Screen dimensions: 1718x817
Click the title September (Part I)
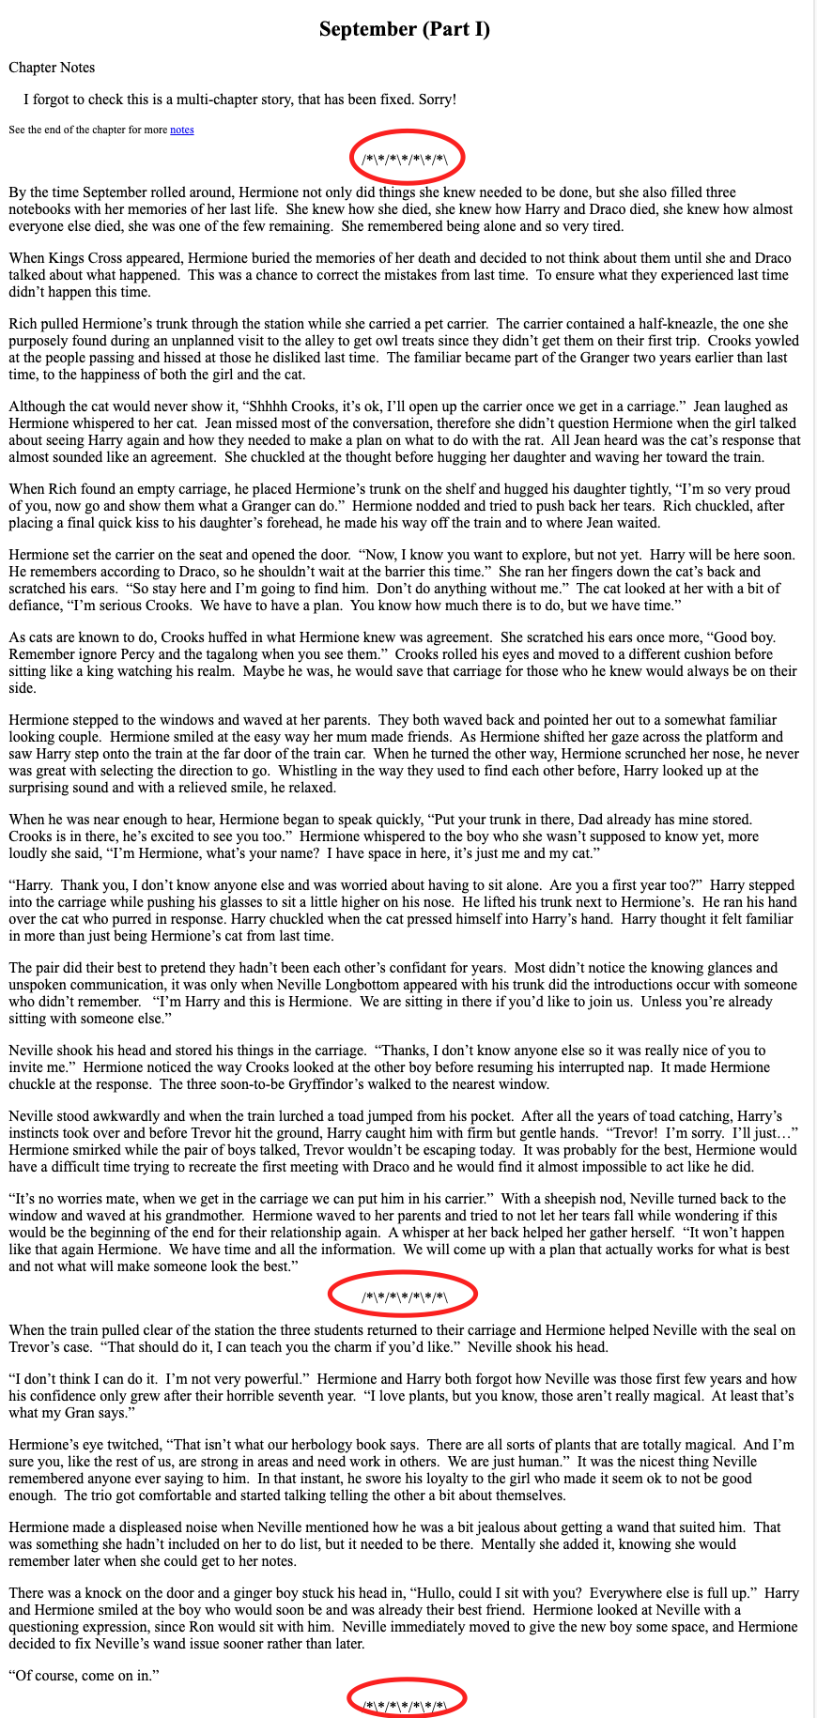[x=405, y=29]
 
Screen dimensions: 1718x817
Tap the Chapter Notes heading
[x=52, y=68]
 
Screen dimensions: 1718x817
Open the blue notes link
[x=181, y=130]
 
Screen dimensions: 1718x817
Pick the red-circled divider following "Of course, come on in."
[x=405, y=1697]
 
